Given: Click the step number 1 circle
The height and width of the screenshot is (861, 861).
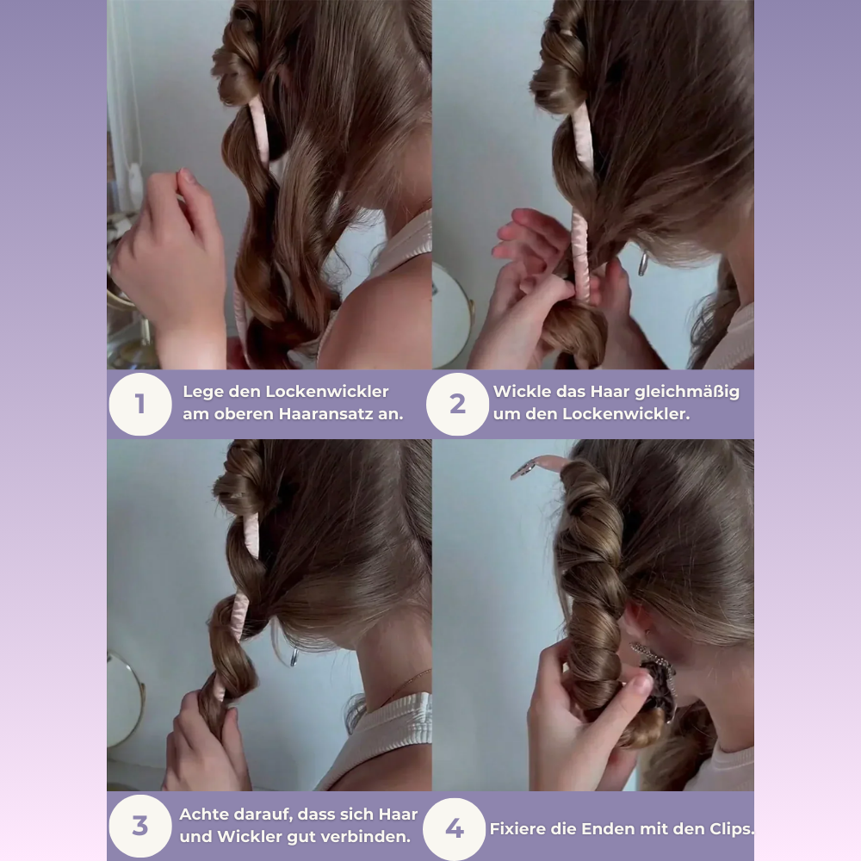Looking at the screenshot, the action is click(140, 404).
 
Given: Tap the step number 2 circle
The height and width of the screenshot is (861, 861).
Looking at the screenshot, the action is click(457, 404).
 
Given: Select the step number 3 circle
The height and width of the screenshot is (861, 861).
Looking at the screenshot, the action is click(140, 826).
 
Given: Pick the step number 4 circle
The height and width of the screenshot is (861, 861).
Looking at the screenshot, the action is click(454, 828).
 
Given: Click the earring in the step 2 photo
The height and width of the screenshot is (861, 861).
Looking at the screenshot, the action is click(642, 263).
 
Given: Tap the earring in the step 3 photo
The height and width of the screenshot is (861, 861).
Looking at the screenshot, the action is click(294, 657).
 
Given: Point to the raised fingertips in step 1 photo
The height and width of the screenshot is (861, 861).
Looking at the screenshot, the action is click(185, 177).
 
